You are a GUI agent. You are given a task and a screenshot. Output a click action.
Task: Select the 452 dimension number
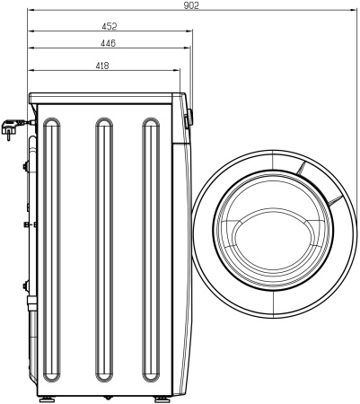point(109,27)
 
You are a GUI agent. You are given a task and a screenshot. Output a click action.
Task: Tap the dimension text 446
point(109,43)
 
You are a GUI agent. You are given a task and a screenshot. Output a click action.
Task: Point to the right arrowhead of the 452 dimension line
point(188,32)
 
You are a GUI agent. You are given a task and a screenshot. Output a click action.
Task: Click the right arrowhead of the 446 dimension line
point(185,48)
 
